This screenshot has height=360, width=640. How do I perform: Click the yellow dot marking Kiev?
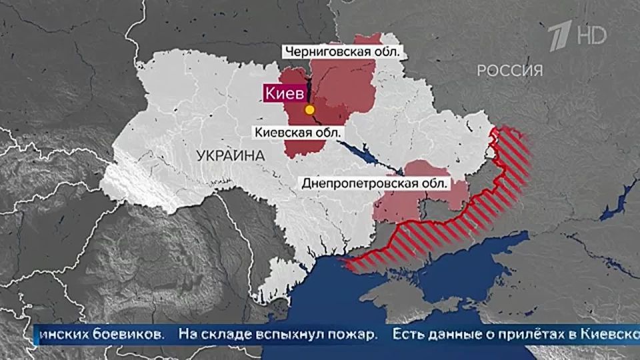(x=309, y=109)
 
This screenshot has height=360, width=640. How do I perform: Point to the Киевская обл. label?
(x=297, y=132)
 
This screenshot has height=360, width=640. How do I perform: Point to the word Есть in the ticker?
(x=407, y=334)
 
